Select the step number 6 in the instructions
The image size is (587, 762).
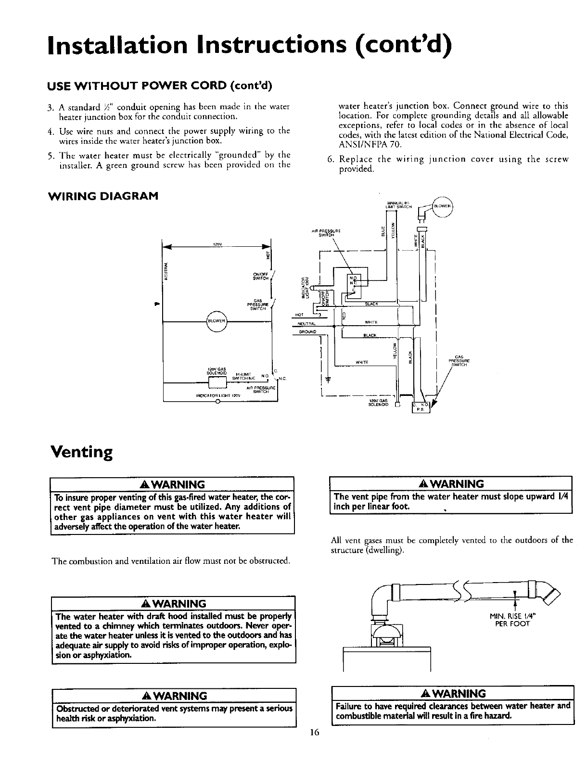(x=329, y=160)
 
